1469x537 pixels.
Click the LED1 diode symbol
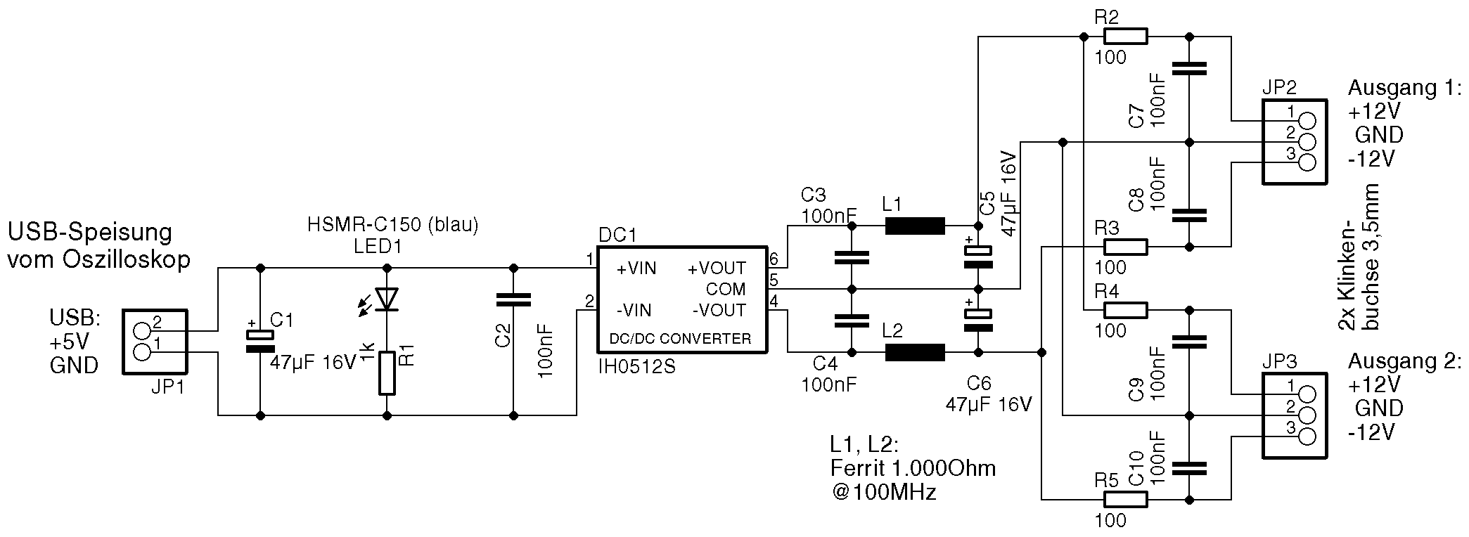[x=387, y=299]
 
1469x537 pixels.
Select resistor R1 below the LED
[x=387, y=373]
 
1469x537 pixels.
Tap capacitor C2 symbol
[x=513, y=300]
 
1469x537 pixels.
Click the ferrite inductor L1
[x=914, y=226]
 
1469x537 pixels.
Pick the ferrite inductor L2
[x=914, y=352]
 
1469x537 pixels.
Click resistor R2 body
[x=1125, y=36]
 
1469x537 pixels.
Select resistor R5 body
[x=1125, y=500]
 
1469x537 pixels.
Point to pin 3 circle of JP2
[x=1307, y=162]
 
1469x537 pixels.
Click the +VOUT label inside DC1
[x=717, y=268]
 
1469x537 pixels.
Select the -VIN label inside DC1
[x=634, y=310]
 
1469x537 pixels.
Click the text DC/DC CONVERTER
[x=680, y=339]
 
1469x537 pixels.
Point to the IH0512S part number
[x=636, y=366]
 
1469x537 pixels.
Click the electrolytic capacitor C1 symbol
[x=260, y=341]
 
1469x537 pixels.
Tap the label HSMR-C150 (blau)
[x=392, y=224]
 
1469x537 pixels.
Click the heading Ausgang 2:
[x=1404, y=361]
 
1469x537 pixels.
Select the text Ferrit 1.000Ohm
[x=913, y=468]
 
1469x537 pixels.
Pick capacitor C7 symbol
[x=1188, y=68]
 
